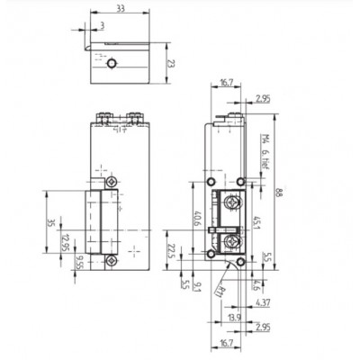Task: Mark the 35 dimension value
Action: [x=52, y=223]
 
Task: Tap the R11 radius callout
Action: [x=221, y=288]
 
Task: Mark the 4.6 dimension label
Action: [x=257, y=286]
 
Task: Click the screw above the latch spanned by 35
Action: [x=111, y=183]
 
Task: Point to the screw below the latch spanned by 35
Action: [x=111, y=261]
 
